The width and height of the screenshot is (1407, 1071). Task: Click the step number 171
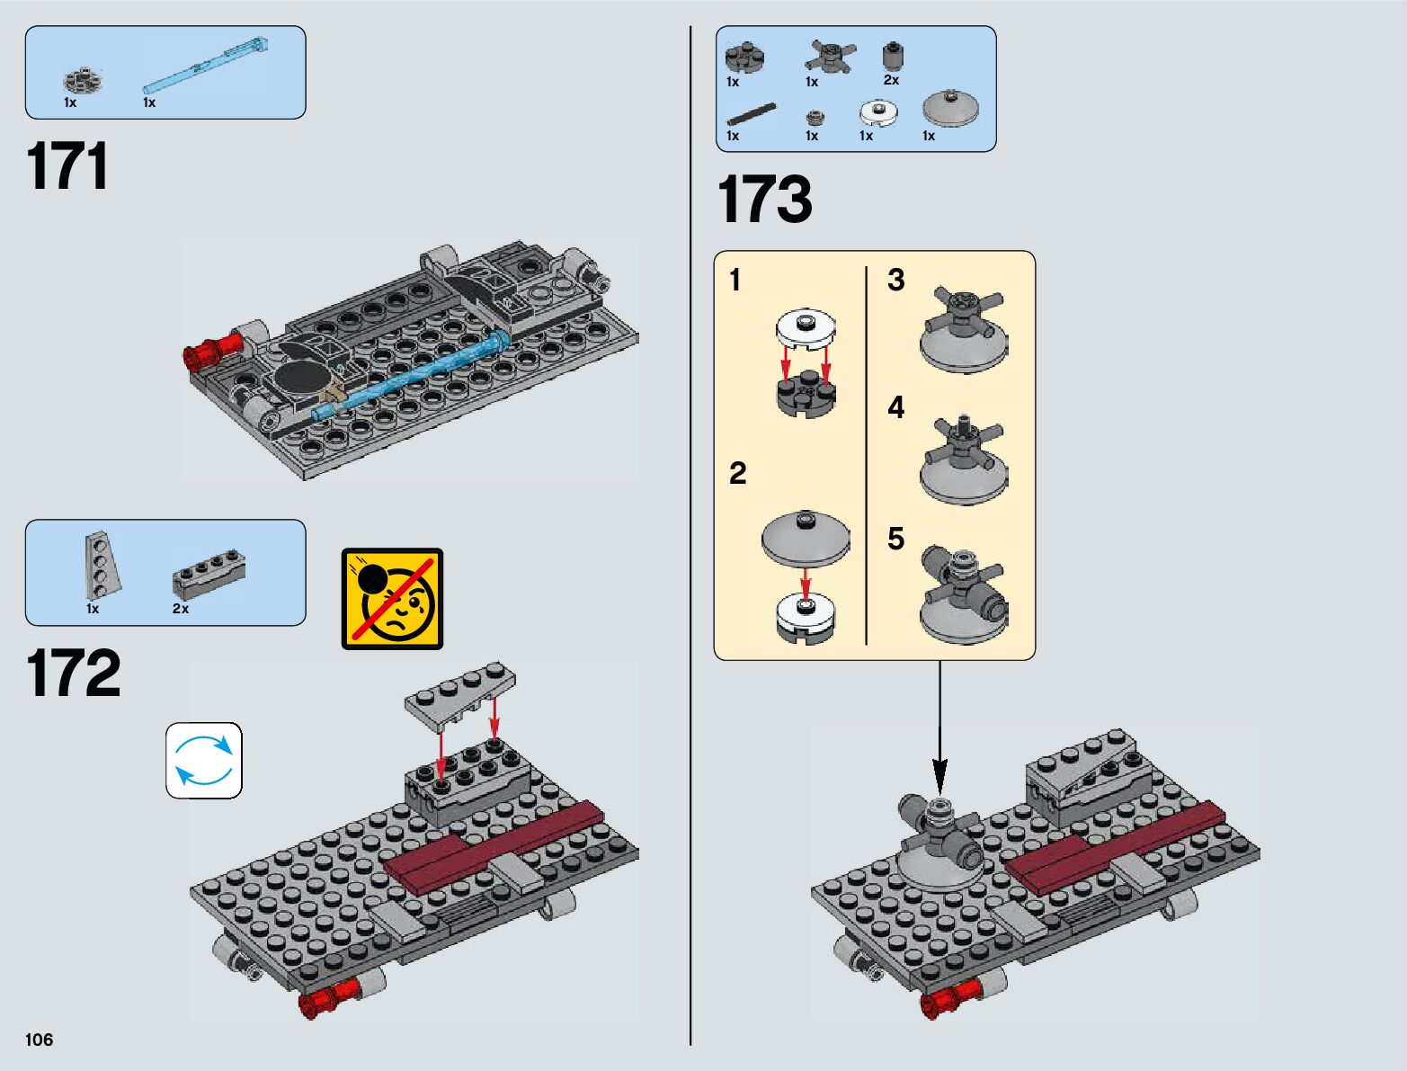pos(68,166)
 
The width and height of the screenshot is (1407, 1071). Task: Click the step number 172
pos(73,674)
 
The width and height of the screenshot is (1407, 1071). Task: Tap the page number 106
pos(40,1040)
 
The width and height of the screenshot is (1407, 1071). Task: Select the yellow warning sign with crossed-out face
pos(392,599)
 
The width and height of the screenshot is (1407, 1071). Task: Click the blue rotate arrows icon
pos(204,761)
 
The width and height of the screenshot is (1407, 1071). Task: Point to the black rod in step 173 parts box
pos(751,114)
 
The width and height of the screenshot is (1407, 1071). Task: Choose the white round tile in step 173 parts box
pos(878,112)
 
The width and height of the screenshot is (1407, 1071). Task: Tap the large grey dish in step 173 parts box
pos(949,109)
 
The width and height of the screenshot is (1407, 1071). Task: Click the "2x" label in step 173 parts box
pos(891,80)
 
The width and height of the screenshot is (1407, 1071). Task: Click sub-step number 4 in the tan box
pos(895,408)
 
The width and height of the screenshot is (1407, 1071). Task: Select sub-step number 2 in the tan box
pos(737,473)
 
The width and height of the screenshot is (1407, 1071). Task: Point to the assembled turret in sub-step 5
pos(964,594)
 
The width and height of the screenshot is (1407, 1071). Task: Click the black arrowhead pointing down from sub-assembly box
pos(939,772)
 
